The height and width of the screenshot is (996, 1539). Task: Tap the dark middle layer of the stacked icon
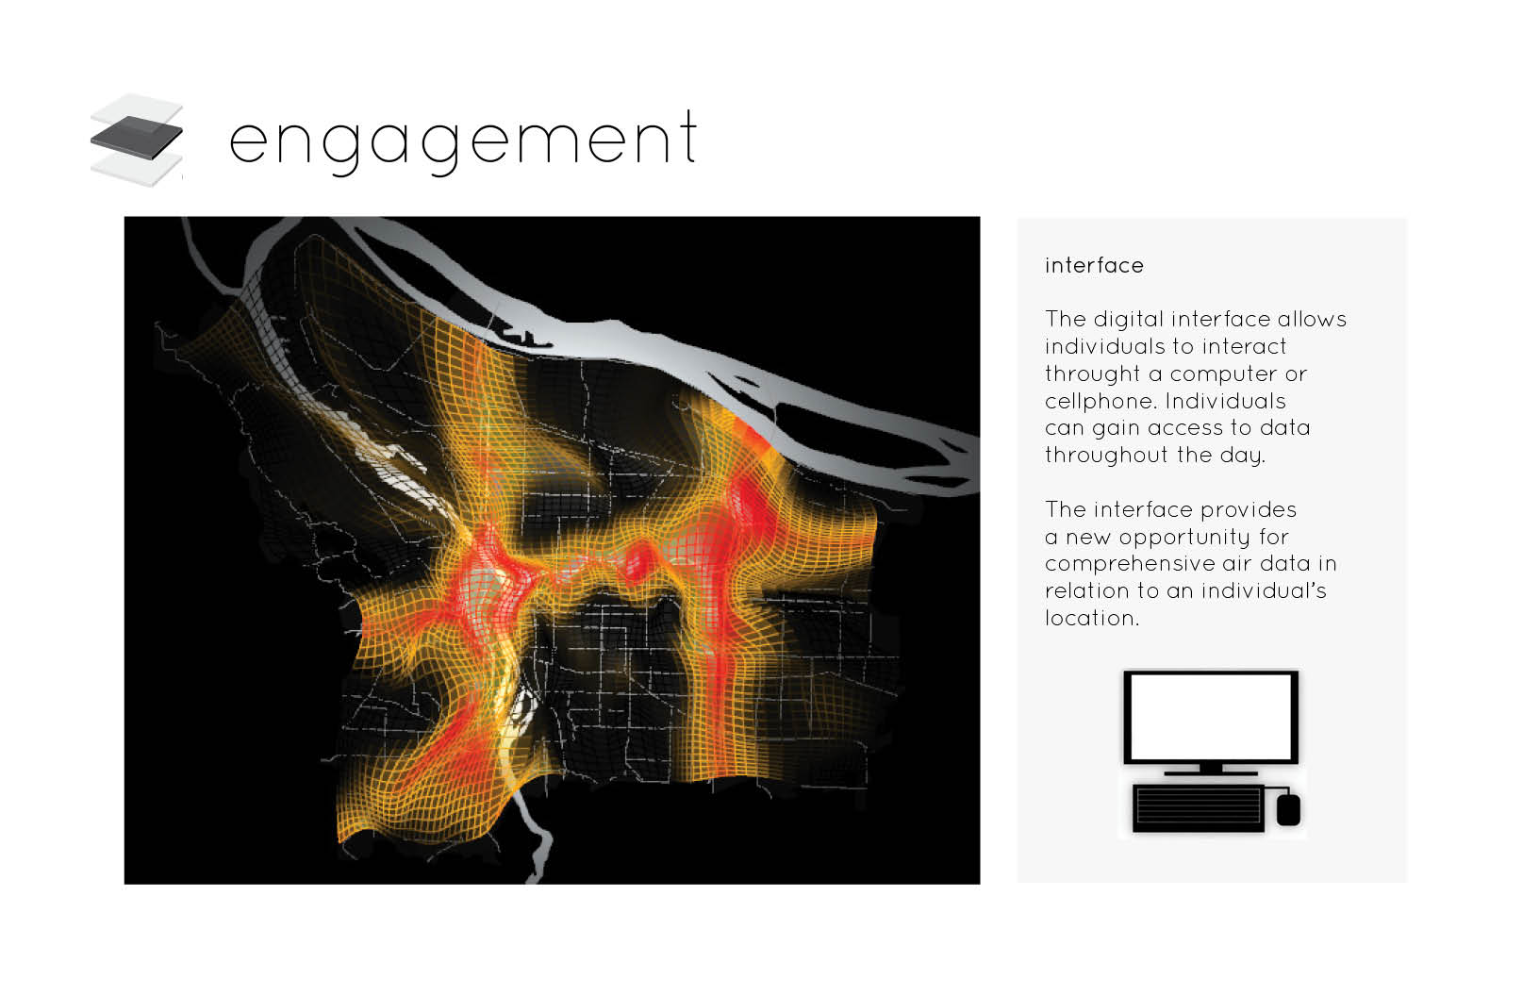[x=137, y=138]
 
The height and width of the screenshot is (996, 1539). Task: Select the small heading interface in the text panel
[x=1094, y=265]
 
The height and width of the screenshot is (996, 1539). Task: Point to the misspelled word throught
[x=1092, y=373]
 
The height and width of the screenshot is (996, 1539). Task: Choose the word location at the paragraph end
[x=1092, y=618]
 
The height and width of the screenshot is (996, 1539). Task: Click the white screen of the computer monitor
[x=1211, y=716]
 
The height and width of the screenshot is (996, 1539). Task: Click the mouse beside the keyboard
[x=1289, y=810]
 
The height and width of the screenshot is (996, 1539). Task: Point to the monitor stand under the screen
[x=1211, y=770]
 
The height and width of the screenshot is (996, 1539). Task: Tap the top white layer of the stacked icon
[x=137, y=109]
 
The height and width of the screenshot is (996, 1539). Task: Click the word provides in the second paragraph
[x=1248, y=510]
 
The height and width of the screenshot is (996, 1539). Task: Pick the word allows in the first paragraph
[x=1312, y=320]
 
